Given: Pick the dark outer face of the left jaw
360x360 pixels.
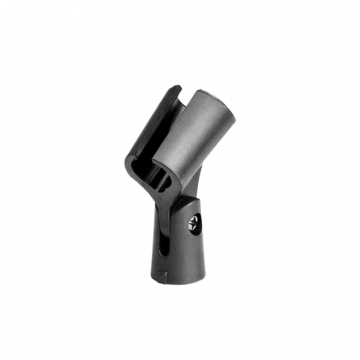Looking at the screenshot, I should (x=140, y=140).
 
